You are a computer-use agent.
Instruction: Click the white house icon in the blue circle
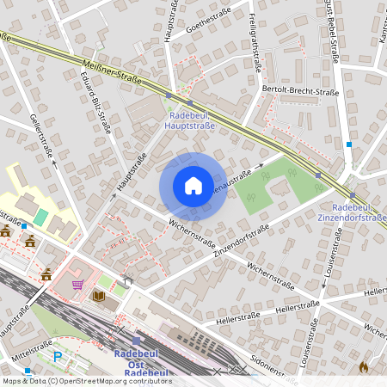pos(193,186)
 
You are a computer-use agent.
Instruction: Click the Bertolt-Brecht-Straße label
pos(300,91)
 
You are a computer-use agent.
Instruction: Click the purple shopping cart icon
pos(77,285)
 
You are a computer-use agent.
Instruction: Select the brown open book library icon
pos(98,296)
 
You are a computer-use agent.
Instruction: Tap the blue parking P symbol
pos(58,356)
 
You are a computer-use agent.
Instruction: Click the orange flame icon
pos(363,366)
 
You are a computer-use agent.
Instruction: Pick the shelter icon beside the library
pos(127,279)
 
